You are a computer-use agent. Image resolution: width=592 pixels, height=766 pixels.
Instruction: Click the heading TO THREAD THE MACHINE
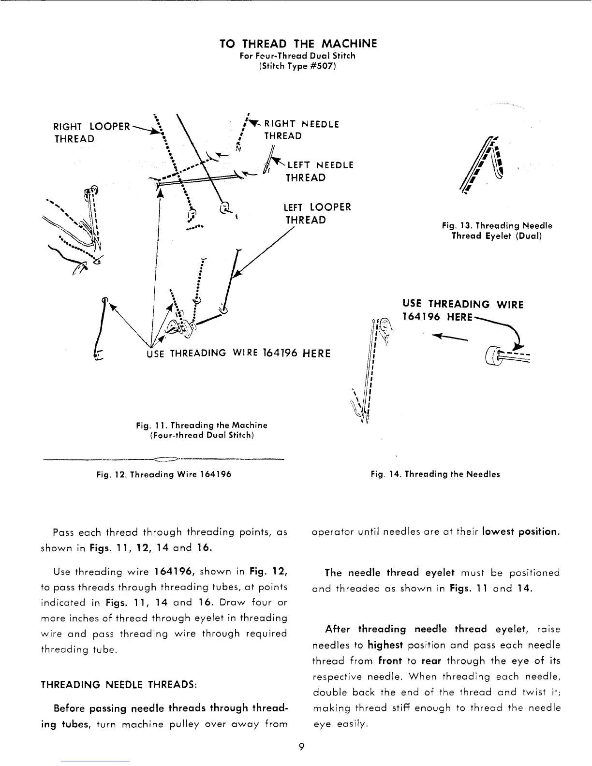pyautogui.click(x=298, y=44)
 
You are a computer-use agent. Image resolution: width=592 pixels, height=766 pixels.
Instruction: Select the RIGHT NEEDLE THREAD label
pyautogui.click(x=301, y=130)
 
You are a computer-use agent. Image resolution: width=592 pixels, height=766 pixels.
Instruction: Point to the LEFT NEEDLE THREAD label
pyautogui.click(x=319, y=171)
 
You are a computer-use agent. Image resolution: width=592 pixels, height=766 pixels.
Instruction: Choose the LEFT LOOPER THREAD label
pyautogui.click(x=317, y=214)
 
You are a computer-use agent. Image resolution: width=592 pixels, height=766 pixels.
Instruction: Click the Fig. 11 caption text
pyautogui.click(x=202, y=430)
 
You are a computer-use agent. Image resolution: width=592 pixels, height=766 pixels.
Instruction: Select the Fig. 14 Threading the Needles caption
pyautogui.click(x=435, y=474)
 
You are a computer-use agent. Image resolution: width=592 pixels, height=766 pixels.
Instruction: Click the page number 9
pyautogui.click(x=301, y=747)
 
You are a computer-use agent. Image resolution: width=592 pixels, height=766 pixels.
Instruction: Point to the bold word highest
pyautogui.click(x=385, y=645)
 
